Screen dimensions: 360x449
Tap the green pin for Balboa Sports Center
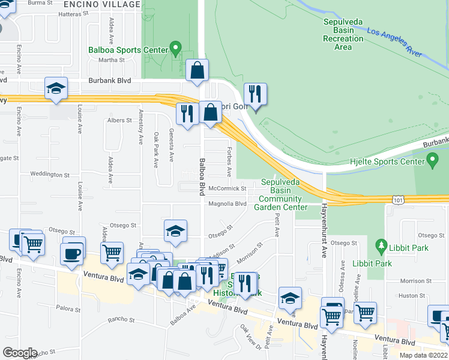pos(175,46)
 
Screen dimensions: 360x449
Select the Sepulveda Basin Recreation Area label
pos(343,34)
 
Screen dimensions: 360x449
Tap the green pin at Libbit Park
pos(379,245)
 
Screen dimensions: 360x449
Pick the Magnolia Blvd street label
pos(227,203)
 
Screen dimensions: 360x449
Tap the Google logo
pos(19,352)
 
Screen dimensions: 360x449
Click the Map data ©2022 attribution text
pos(423,355)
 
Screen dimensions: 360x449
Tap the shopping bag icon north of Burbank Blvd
pos(197,70)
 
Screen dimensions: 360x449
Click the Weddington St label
pos(50,175)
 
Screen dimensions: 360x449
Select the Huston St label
pos(412,295)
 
